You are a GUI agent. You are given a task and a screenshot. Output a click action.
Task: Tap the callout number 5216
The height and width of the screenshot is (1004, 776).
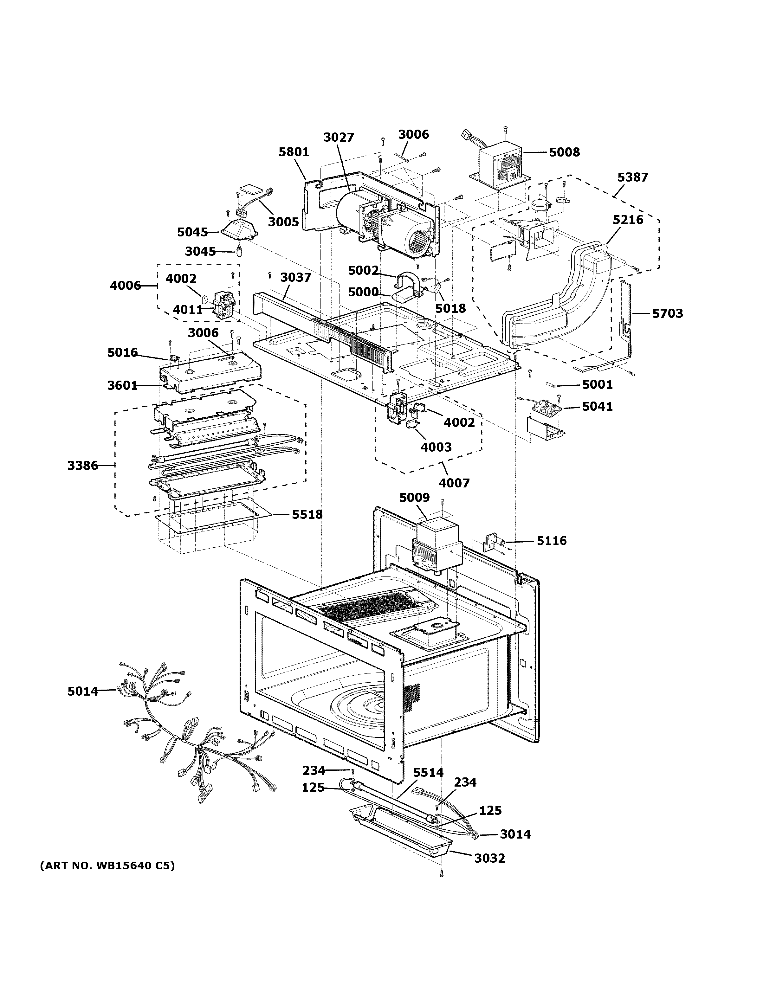click(x=628, y=220)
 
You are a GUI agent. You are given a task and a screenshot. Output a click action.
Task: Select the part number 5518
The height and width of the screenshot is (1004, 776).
click(x=307, y=514)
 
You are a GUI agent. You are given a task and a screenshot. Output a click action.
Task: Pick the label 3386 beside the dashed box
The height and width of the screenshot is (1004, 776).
click(x=83, y=466)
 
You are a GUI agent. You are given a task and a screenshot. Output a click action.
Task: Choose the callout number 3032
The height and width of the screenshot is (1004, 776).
click(x=490, y=858)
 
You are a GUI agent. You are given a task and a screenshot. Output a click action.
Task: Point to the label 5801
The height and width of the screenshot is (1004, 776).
click(x=294, y=152)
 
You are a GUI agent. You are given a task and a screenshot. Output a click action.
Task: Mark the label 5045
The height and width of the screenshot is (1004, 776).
click(x=193, y=233)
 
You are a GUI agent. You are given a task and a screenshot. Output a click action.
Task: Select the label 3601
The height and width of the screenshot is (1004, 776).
click(x=123, y=385)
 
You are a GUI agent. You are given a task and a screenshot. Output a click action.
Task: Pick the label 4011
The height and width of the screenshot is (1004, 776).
click(x=188, y=310)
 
